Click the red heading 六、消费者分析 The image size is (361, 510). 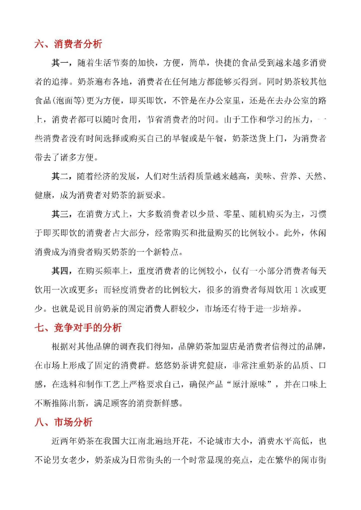pos(68,44)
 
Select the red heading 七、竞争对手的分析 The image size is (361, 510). pos(78,327)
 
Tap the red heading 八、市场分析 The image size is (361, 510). pos(64,422)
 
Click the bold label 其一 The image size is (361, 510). pos(60,63)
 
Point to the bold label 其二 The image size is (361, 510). pos(60,176)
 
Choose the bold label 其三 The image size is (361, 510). pos(60,214)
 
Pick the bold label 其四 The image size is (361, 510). pos(60,271)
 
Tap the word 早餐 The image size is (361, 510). pos(181,138)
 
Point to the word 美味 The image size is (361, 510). pos(263,176)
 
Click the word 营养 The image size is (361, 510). pos(289,176)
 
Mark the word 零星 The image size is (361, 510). pos(232,214)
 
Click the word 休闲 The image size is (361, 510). pos(318,233)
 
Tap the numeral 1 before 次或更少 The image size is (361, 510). pos(296,290)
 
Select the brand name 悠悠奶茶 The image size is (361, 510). pos(172,365)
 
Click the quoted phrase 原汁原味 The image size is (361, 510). pos(249,384)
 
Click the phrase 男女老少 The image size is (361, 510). pos(69,460)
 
